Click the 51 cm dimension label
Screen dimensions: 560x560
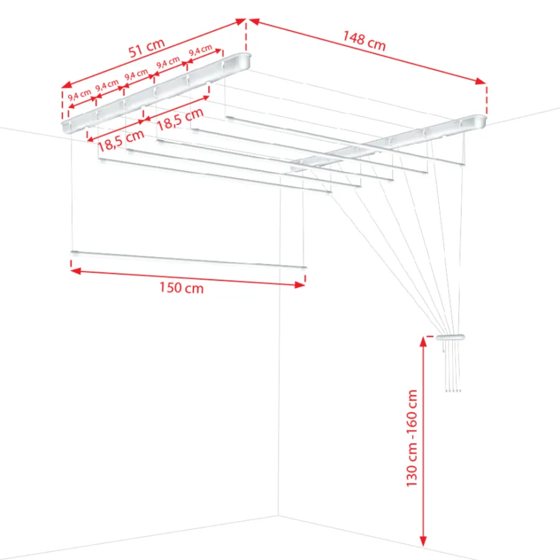point(146,48)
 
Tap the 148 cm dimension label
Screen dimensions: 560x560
point(364,40)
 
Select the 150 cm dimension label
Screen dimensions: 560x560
point(182,287)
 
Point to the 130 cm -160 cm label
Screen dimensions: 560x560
point(412,438)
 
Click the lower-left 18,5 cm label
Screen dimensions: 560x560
point(121,141)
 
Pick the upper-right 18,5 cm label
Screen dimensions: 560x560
point(180,119)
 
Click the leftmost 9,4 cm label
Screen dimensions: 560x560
point(79,95)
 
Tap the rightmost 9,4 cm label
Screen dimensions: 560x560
point(200,50)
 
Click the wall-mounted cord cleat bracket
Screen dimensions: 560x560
point(450,337)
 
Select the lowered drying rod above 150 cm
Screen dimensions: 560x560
point(189,259)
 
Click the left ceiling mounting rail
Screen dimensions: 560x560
point(156,93)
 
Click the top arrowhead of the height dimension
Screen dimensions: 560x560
point(423,342)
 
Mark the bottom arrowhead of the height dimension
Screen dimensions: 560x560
point(423,541)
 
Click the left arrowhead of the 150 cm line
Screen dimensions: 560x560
point(76,271)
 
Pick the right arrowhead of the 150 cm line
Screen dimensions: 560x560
point(300,284)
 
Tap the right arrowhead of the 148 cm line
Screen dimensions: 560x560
point(480,82)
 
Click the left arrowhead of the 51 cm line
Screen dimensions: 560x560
point(67,85)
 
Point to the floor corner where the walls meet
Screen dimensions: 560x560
point(278,515)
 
